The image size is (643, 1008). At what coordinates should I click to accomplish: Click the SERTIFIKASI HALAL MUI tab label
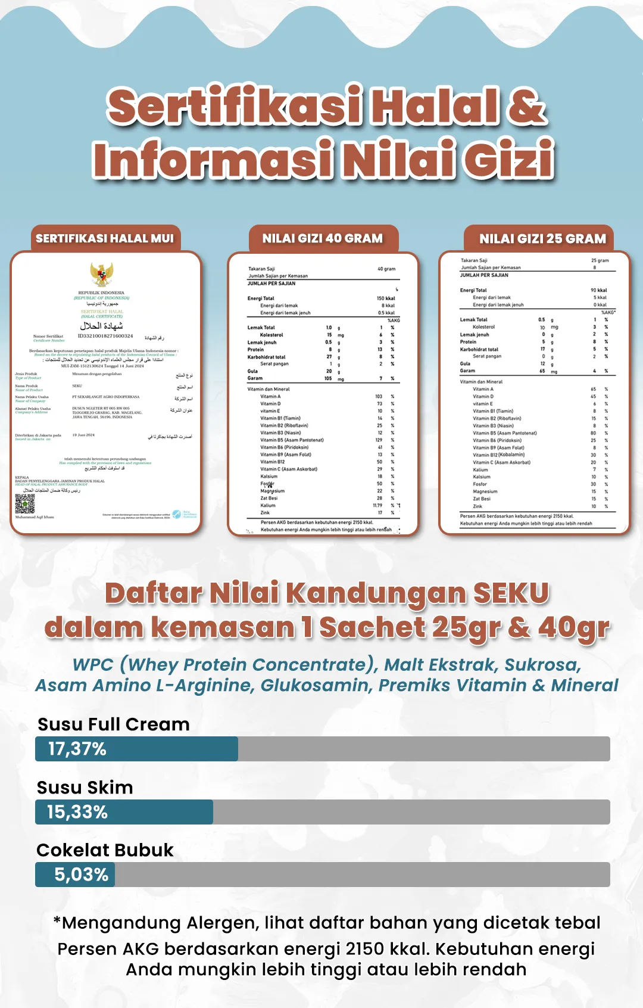pos(105,238)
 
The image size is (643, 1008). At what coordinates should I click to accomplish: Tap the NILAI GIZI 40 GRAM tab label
pos(323,238)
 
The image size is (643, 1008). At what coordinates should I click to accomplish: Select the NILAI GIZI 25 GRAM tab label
pos(542,239)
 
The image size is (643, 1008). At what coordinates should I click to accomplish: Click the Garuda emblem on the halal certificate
pos(102,274)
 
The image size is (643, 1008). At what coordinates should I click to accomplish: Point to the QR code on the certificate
pos(25,504)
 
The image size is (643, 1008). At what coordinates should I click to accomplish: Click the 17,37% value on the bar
pos(77,749)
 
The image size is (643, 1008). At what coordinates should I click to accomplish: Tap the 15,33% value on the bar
pos(77,812)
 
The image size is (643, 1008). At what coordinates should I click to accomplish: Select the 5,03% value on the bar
pos(82,875)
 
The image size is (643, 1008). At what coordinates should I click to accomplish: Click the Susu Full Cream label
pos(114,724)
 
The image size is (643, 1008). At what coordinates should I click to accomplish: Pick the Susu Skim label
pos(85,788)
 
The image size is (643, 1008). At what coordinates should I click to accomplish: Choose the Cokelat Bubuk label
pos(105,850)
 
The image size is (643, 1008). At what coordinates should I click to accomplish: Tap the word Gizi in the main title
pos(509,159)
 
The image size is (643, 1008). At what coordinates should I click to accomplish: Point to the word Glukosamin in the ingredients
pos(314,685)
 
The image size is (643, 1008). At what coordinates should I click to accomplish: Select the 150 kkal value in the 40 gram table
pos(386,298)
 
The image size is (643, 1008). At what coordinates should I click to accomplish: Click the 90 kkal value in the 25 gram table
pos(598,290)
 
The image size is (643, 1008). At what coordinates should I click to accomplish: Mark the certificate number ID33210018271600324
pos(105,336)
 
